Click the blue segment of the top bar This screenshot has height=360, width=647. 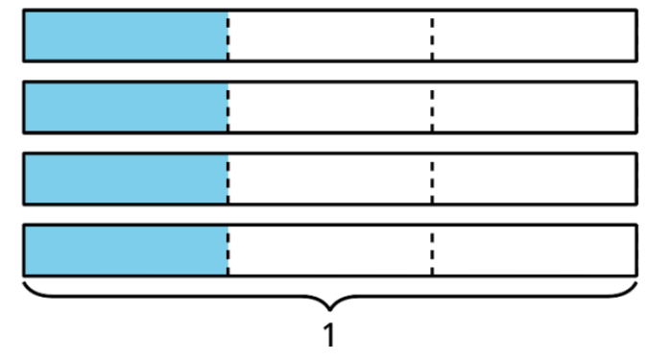click(x=126, y=36)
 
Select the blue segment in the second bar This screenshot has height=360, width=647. click(x=126, y=108)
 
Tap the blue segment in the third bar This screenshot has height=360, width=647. click(x=126, y=179)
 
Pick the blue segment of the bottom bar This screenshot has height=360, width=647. click(x=126, y=251)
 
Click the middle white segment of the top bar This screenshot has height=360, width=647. click(x=330, y=36)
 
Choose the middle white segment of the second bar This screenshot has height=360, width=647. click(x=330, y=108)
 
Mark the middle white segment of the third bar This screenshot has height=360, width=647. click(x=330, y=179)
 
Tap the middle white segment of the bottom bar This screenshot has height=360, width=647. click(x=330, y=251)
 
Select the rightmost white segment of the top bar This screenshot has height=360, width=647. click(x=534, y=36)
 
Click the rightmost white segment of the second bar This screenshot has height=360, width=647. click(x=534, y=108)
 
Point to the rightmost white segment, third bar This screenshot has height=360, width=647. click(x=534, y=179)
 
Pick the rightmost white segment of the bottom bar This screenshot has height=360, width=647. click(x=534, y=251)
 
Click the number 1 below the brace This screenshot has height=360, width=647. click(x=329, y=335)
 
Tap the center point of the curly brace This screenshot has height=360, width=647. click(x=329, y=309)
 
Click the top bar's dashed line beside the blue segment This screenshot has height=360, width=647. click(x=228, y=37)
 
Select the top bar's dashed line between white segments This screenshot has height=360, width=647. click(x=432, y=37)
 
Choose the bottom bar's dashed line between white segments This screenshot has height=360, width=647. click(x=432, y=252)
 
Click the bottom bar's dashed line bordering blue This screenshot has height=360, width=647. click(x=228, y=252)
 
